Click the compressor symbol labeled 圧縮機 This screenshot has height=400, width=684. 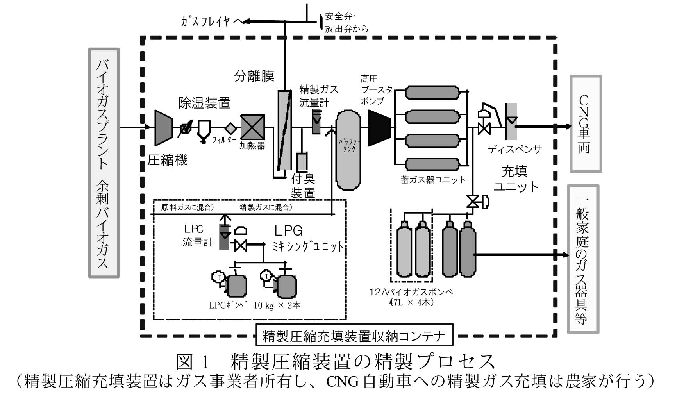pos(163,128)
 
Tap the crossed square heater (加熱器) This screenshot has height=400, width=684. pos(252,127)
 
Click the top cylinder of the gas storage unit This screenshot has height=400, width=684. pos(432,93)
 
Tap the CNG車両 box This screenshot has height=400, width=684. pos(585,123)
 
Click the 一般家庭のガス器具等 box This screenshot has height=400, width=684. pos(582,259)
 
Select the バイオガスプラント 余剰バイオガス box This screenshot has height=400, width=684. pos(104,163)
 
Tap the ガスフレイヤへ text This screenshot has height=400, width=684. pos(211,21)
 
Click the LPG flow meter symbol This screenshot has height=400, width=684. pos(224,237)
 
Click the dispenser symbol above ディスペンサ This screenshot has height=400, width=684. pos(511,121)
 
